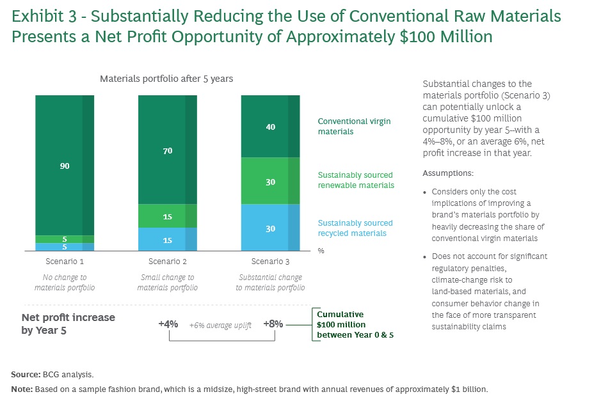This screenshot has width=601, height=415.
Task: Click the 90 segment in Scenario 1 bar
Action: (x=65, y=165)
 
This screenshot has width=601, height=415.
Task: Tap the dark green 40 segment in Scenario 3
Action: (x=270, y=127)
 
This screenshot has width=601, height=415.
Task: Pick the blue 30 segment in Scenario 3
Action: (x=270, y=228)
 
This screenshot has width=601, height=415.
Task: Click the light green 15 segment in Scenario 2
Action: (x=168, y=216)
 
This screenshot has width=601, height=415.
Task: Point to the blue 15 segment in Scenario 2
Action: (x=168, y=239)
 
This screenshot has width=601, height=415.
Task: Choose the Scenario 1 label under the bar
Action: (x=65, y=262)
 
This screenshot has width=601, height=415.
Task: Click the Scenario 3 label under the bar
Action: (x=270, y=262)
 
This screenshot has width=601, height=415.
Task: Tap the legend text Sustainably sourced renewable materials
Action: (x=356, y=180)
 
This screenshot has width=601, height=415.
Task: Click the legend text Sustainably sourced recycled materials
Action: (x=355, y=228)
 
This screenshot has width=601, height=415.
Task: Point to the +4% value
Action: (x=168, y=324)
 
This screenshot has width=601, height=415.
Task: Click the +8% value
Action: (x=273, y=324)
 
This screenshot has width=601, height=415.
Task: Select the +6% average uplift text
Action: (x=220, y=325)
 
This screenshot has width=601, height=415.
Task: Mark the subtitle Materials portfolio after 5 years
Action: (x=166, y=79)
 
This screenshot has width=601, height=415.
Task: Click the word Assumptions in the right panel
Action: (x=447, y=173)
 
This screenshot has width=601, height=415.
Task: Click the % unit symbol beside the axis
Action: (x=321, y=251)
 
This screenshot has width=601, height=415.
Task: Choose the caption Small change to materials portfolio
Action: (x=168, y=283)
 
